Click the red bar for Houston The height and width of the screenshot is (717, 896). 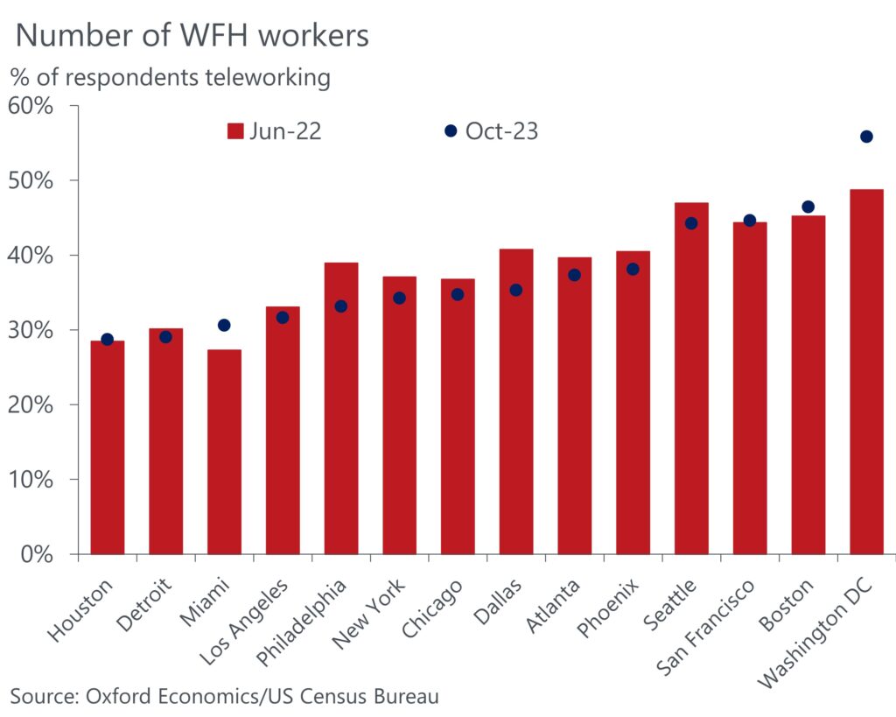(x=107, y=446)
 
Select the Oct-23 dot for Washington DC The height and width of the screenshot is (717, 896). (x=866, y=137)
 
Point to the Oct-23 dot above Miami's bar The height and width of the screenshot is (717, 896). (x=224, y=325)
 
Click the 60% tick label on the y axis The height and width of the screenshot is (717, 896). (x=31, y=106)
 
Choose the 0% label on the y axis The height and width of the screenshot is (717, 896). (x=37, y=554)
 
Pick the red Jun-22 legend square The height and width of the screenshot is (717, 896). (x=234, y=131)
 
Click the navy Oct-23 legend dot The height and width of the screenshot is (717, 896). (x=451, y=130)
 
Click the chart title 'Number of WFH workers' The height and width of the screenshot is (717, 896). (x=192, y=35)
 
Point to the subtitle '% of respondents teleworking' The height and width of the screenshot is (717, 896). (x=171, y=77)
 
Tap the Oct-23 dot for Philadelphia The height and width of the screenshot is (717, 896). (x=340, y=306)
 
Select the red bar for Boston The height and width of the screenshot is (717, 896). (x=808, y=385)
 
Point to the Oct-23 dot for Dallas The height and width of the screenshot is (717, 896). (x=516, y=290)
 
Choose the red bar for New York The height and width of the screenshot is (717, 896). (x=399, y=415)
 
